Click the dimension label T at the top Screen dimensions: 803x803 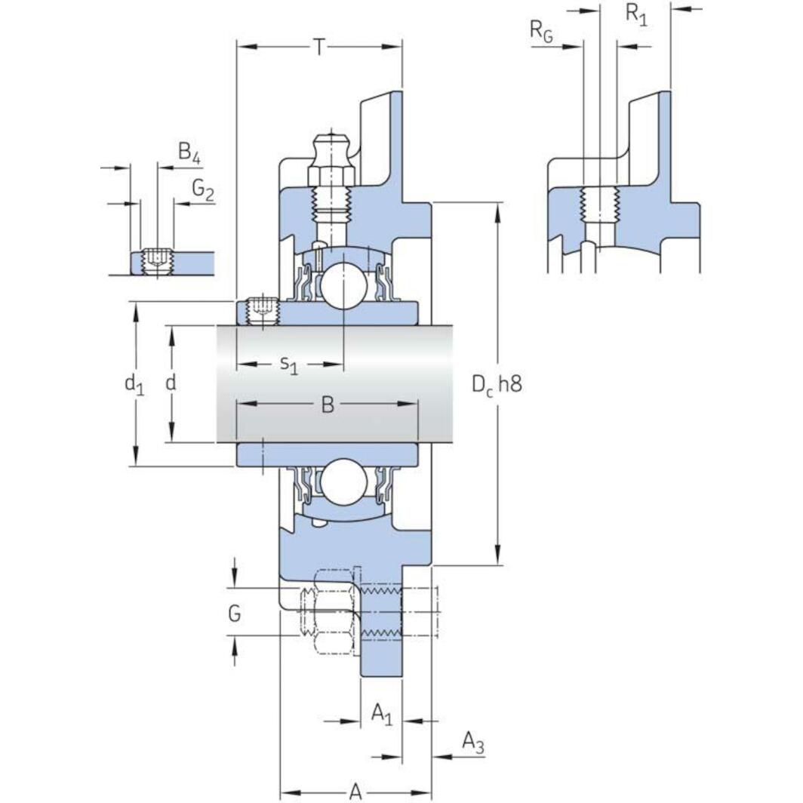click(319, 48)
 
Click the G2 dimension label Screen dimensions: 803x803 click(202, 189)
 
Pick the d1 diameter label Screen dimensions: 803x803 click(134, 384)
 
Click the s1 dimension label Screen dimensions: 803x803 click(289, 365)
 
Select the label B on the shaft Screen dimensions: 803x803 click(328, 405)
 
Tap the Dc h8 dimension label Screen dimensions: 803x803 click(497, 384)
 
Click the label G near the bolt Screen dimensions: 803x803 click(235, 614)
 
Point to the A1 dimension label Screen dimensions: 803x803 click(382, 713)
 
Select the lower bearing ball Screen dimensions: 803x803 click(343, 480)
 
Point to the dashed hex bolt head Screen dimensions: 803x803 click(328, 610)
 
